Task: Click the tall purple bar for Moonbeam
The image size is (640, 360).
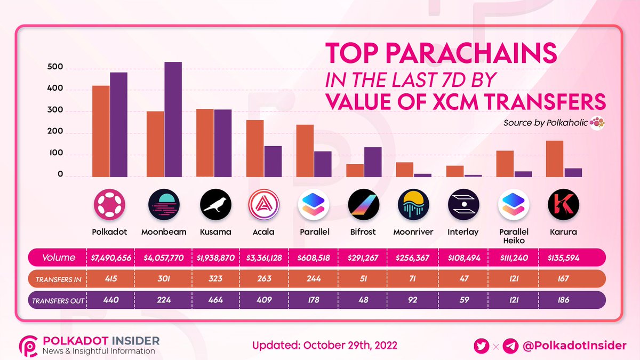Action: point(173,119)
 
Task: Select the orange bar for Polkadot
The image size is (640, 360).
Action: point(101,131)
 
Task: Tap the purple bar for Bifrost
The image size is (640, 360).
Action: point(373,162)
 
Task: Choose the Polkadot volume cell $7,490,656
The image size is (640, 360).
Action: point(111,258)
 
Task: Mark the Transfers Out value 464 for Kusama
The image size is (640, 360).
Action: point(215,300)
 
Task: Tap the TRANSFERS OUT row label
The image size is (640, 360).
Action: point(58,300)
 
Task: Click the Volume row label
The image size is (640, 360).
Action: point(58,258)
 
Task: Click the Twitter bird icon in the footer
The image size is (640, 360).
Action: point(482,346)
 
